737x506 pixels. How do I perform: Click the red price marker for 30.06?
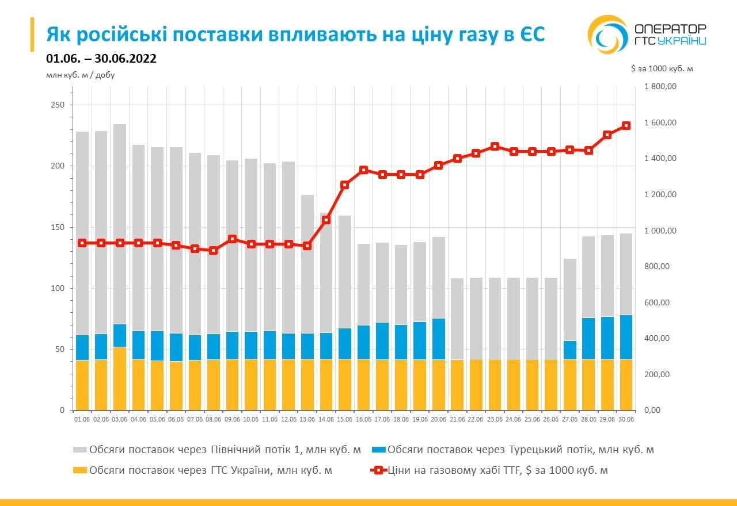coord(626,125)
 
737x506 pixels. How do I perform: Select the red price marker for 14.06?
coord(326,220)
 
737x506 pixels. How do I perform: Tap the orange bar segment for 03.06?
coord(120,378)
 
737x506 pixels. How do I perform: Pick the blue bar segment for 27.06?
coord(570,350)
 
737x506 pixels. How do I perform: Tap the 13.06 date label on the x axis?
coord(307,419)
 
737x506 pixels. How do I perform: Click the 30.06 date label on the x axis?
coord(625,419)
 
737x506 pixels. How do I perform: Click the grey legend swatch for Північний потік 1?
coord(80,450)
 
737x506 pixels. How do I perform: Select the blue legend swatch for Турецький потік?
coord(378,450)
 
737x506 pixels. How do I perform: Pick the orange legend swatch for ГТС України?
coord(80,470)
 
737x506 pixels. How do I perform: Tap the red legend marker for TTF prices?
coord(378,470)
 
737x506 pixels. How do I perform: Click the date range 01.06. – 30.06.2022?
coord(101,59)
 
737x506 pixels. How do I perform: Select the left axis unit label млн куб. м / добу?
coord(76,75)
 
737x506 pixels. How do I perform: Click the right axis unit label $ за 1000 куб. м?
coord(662,68)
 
